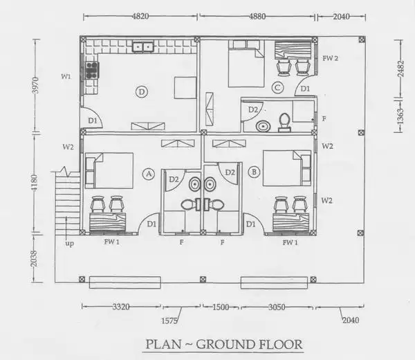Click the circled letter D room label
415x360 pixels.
[142, 92]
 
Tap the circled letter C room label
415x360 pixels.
[277, 88]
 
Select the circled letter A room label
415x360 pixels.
[149, 174]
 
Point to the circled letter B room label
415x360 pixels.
[254, 172]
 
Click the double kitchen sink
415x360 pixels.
[143, 46]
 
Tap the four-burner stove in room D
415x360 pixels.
[92, 70]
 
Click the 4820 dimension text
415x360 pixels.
[140, 17]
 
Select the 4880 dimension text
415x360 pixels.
[257, 17]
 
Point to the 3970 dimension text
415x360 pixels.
[35, 85]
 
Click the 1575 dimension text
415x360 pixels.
[169, 321]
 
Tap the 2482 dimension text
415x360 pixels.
[400, 69]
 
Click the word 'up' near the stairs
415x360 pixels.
[70, 244]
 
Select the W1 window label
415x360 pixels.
[66, 77]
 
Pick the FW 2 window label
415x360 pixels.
[331, 58]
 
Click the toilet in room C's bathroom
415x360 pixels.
[285, 123]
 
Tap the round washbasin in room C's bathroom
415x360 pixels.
[264, 126]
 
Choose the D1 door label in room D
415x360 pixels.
[93, 120]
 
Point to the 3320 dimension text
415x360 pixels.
[121, 307]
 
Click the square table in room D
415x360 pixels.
[185, 88]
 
